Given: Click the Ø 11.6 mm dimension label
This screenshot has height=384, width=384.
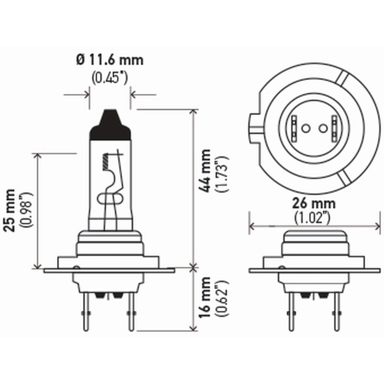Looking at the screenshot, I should [109, 60].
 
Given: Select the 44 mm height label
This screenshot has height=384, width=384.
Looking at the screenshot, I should [206, 171].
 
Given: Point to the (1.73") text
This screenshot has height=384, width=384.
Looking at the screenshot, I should [223, 174].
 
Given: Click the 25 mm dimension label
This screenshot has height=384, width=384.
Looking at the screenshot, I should [11, 210].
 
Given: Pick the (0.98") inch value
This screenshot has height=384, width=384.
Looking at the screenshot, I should [28, 210].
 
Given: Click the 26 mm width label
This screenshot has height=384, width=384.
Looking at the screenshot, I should [313, 202].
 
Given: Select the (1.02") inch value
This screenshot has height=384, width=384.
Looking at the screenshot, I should [313, 218].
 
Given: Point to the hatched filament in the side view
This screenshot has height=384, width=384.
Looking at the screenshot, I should [104, 161].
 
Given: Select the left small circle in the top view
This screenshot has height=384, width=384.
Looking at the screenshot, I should [306, 127].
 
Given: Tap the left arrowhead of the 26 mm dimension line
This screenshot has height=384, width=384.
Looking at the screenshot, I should [252, 227].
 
